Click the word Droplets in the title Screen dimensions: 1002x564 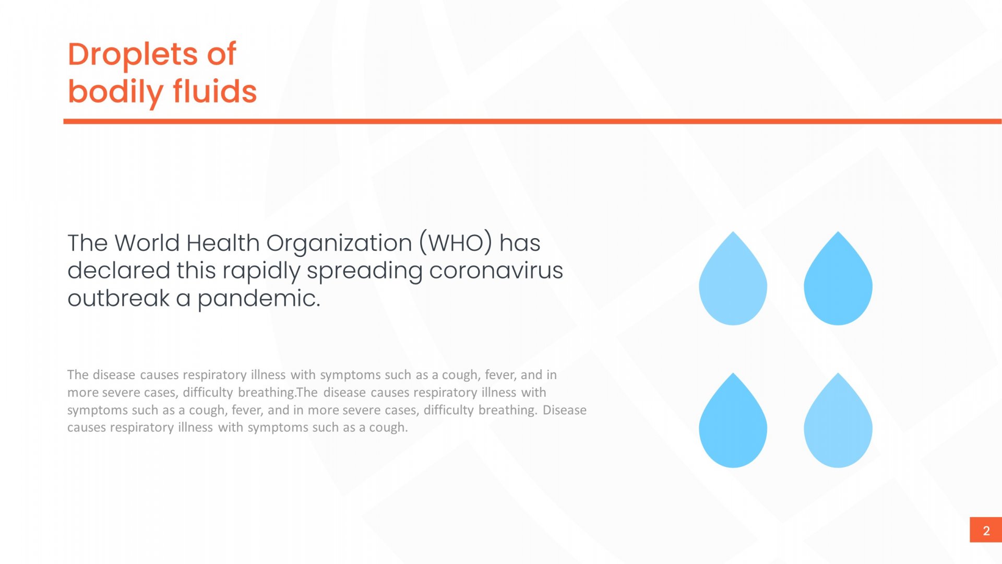click(133, 54)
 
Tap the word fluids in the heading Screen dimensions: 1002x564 click(215, 91)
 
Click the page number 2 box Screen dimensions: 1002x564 click(986, 530)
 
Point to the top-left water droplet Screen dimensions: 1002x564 click(733, 282)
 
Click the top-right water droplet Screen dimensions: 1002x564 click(838, 282)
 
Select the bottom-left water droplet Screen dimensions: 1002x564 click(733, 424)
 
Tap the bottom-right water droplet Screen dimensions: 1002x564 click(838, 424)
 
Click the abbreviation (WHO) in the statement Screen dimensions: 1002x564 click(456, 243)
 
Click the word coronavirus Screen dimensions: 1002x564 click(496, 271)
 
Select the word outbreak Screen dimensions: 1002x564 click(118, 298)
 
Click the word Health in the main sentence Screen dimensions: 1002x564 click(223, 243)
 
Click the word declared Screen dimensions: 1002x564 click(119, 271)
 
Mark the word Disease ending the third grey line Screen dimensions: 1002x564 click(565, 410)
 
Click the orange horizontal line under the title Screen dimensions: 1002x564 click(532, 122)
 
